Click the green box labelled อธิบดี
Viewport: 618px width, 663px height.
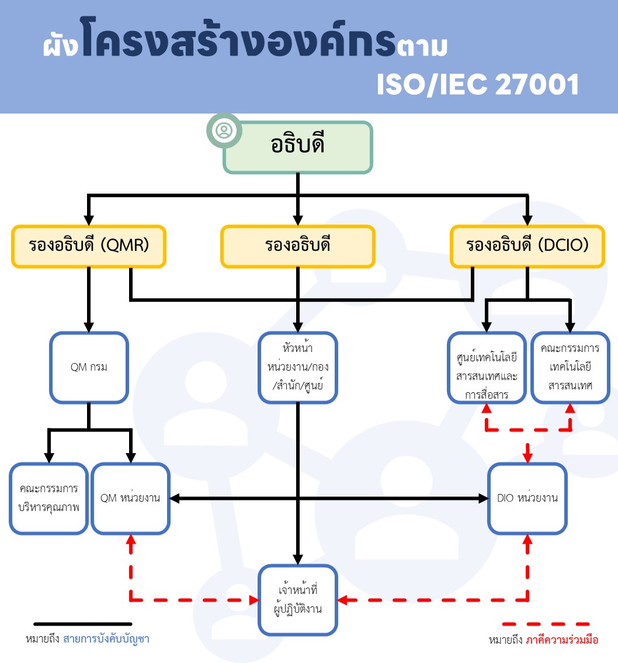coord(298,147)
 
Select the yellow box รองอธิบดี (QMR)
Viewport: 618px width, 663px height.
coord(89,246)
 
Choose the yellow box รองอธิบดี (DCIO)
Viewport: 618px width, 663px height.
coord(527,246)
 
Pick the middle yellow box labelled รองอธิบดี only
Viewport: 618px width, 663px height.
coord(297,246)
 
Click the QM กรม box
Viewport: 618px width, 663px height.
coord(89,368)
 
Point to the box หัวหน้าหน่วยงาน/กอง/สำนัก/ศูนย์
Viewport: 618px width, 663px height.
coord(298,368)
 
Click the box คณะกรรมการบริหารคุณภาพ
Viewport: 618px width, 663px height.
coord(48,498)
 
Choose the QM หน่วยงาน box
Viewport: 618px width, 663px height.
coord(131,498)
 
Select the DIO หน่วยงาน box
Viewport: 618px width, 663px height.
coord(527,498)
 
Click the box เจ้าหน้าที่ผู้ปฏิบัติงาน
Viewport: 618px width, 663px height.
coord(298,600)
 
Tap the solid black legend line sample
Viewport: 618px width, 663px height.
coord(82,624)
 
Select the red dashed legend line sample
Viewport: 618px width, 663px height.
coord(546,624)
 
